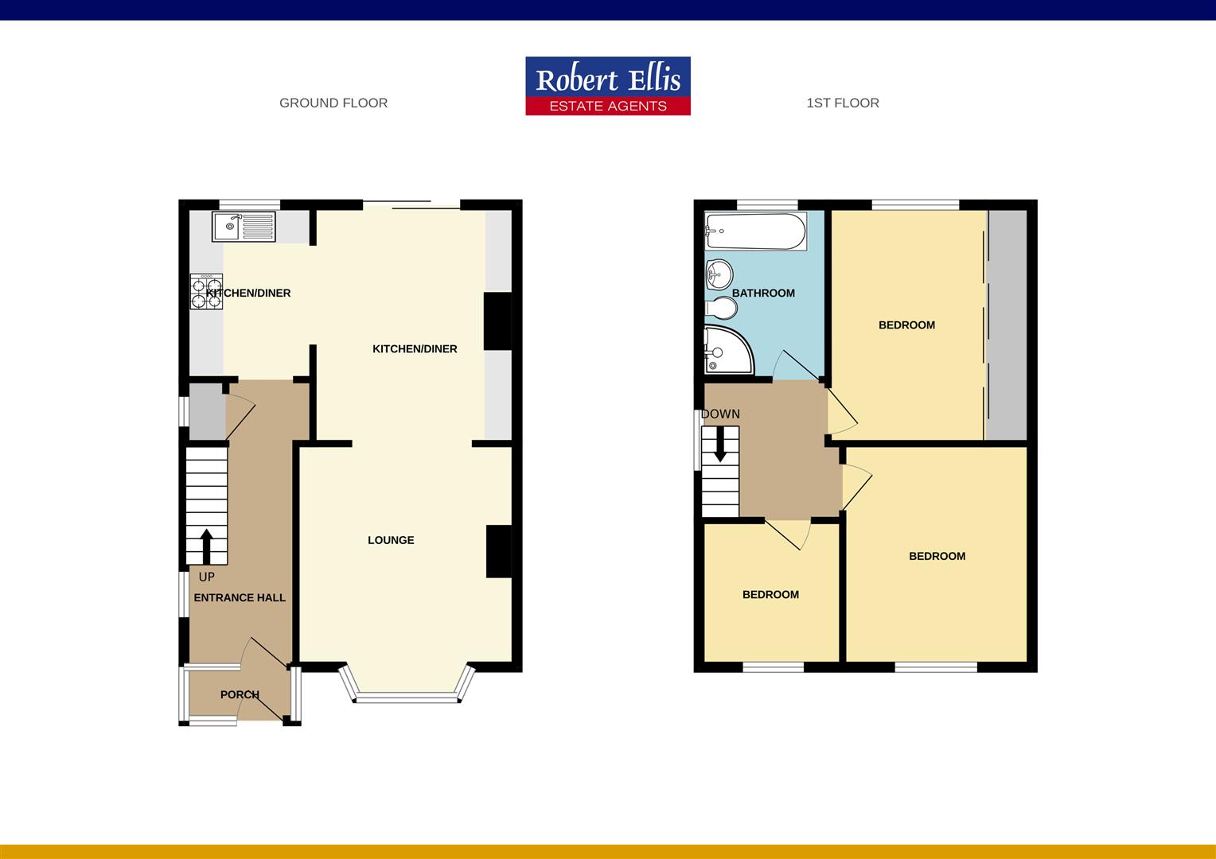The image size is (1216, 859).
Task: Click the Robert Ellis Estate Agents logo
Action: click(x=608, y=86)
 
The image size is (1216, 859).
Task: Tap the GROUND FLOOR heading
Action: click(x=333, y=103)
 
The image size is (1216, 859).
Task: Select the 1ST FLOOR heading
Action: click(x=843, y=103)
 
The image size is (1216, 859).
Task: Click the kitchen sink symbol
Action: click(x=244, y=227)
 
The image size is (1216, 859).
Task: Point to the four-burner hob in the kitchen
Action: click(x=206, y=291)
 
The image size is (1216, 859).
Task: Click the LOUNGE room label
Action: click(x=391, y=540)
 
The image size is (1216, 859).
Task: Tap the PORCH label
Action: click(x=240, y=694)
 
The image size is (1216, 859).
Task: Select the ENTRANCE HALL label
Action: click(x=240, y=597)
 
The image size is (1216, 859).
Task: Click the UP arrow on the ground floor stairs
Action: click(x=206, y=546)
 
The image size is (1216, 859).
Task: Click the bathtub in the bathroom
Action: click(x=755, y=231)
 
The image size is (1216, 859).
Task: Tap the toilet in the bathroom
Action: click(x=721, y=308)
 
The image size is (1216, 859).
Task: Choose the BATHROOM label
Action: click(x=763, y=293)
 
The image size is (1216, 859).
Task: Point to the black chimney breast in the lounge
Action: click(x=498, y=551)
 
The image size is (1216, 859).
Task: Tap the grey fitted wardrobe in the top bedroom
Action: click(x=1007, y=325)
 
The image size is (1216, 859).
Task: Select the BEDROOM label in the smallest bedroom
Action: click(x=770, y=594)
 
